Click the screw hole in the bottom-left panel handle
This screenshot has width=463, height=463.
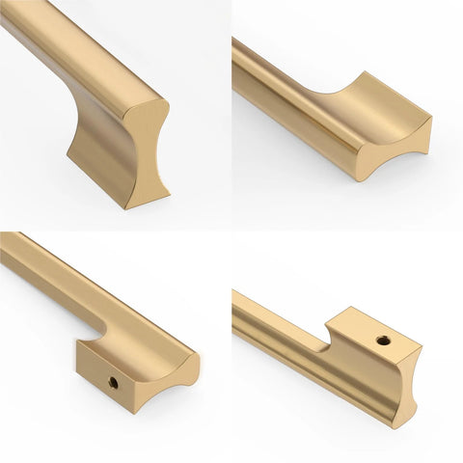[x=113, y=382]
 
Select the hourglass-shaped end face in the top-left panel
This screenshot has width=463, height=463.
[x=146, y=154]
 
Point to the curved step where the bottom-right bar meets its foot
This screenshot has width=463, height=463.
[x=329, y=338]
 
